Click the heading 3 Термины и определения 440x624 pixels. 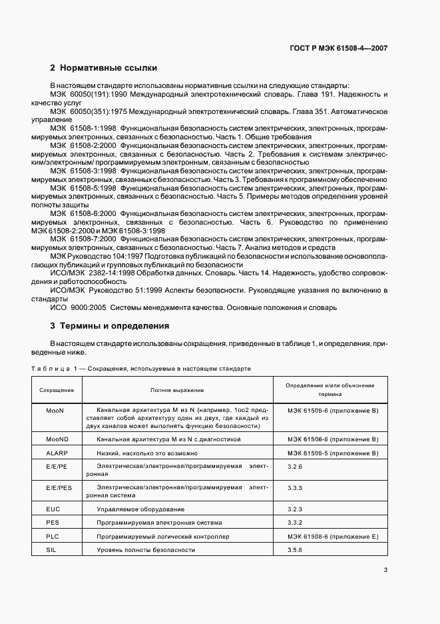(x=110, y=326)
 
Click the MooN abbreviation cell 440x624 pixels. (x=55, y=410)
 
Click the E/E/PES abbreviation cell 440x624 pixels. (x=59, y=488)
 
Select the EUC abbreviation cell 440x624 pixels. (x=54, y=509)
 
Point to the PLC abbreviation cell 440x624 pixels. (x=53, y=536)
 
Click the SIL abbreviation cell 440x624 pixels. (x=53, y=550)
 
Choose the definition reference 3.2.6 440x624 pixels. (x=295, y=467)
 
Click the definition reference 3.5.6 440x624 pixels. (x=295, y=550)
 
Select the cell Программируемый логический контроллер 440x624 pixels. (x=162, y=536)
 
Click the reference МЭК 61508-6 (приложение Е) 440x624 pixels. (x=332, y=536)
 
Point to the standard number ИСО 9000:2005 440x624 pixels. (x=77, y=307)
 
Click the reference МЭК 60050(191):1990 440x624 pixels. (x=88, y=95)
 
